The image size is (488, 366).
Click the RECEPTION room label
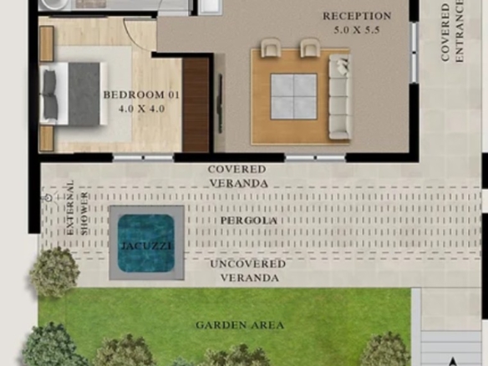point(357,16)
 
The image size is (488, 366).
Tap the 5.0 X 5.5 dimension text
point(357,30)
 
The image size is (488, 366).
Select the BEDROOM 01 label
point(141,94)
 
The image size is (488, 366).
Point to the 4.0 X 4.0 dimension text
point(141,109)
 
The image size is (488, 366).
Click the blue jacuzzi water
point(145,243)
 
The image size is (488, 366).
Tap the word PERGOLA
point(249,221)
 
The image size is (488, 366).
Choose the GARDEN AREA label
point(240,325)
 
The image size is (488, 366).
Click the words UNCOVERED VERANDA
point(248,271)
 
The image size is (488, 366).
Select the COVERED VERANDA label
point(238,176)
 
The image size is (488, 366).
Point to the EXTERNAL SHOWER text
point(77,207)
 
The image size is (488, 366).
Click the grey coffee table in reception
point(294,96)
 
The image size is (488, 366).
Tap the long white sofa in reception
point(340,96)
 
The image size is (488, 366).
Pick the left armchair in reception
point(271,48)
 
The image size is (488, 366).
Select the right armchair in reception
point(310,48)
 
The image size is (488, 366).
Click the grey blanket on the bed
point(84,94)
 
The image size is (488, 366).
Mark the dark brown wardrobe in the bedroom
point(196,105)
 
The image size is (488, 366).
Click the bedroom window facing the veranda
point(143,158)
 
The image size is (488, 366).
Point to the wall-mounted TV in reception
point(220,104)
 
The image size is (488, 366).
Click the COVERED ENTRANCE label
point(452,33)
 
